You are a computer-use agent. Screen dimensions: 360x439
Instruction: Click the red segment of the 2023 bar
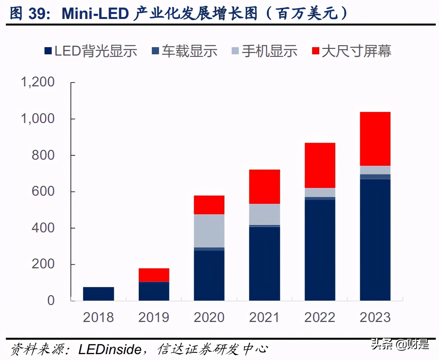click(375, 139)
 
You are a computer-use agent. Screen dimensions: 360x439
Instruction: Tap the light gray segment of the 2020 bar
click(209, 231)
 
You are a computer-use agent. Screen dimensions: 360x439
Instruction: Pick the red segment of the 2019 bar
click(154, 275)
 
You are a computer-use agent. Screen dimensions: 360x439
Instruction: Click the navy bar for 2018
click(98, 294)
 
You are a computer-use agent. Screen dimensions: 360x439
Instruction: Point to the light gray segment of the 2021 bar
click(264, 214)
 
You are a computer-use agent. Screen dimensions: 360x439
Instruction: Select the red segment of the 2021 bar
click(264, 187)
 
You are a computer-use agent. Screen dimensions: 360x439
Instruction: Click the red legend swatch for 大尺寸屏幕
click(315, 51)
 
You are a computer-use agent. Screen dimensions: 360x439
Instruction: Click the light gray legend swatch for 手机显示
click(235, 51)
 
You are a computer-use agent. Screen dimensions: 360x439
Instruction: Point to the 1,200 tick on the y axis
click(38, 82)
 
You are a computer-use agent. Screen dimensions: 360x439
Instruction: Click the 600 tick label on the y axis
click(43, 191)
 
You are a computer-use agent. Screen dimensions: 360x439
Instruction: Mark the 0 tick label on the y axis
click(51, 300)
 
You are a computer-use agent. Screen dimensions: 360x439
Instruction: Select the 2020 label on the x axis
click(209, 317)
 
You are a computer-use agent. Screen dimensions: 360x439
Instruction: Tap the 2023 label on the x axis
click(375, 317)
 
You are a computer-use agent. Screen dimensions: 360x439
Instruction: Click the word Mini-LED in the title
click(95, 14)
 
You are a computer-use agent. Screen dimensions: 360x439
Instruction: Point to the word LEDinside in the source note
click(110, 350)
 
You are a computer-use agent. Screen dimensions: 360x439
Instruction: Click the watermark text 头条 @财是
click(399, 344)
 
